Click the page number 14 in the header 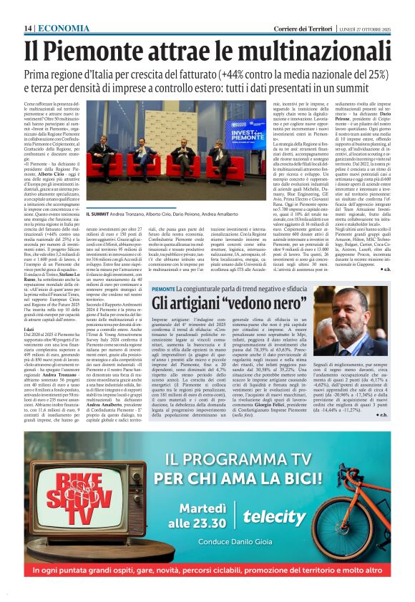coord(28,27)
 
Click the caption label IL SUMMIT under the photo coord(99,214)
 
